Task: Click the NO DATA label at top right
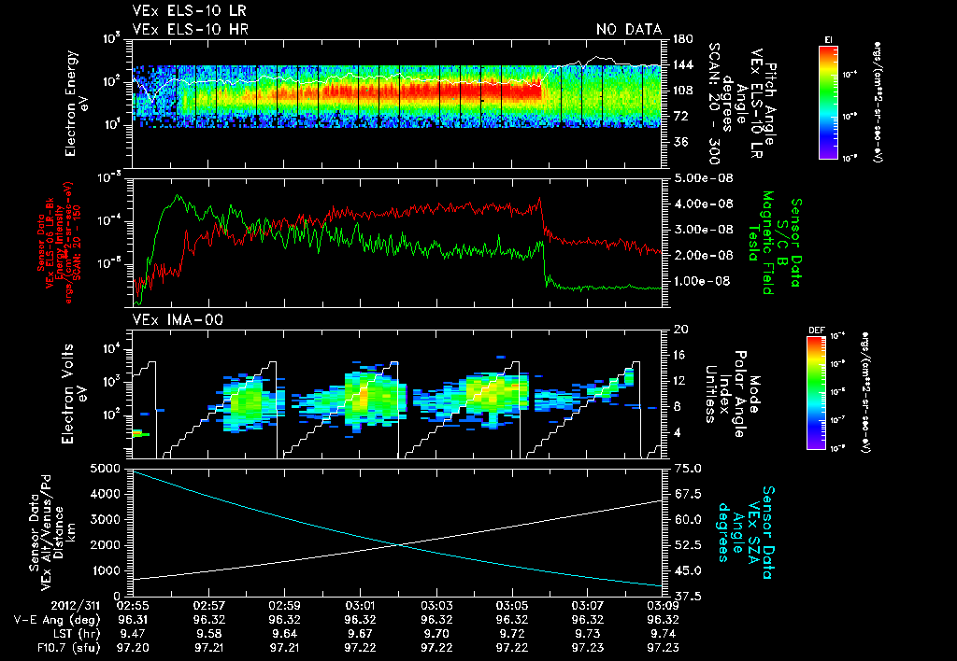(629, 29)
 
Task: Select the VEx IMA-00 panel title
(175, 320)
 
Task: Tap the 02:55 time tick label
(133, 606)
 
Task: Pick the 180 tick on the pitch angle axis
(680, 39)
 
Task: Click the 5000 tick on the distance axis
(108, 468)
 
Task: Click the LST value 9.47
(133, 632)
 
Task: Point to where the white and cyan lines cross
(400, 545)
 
